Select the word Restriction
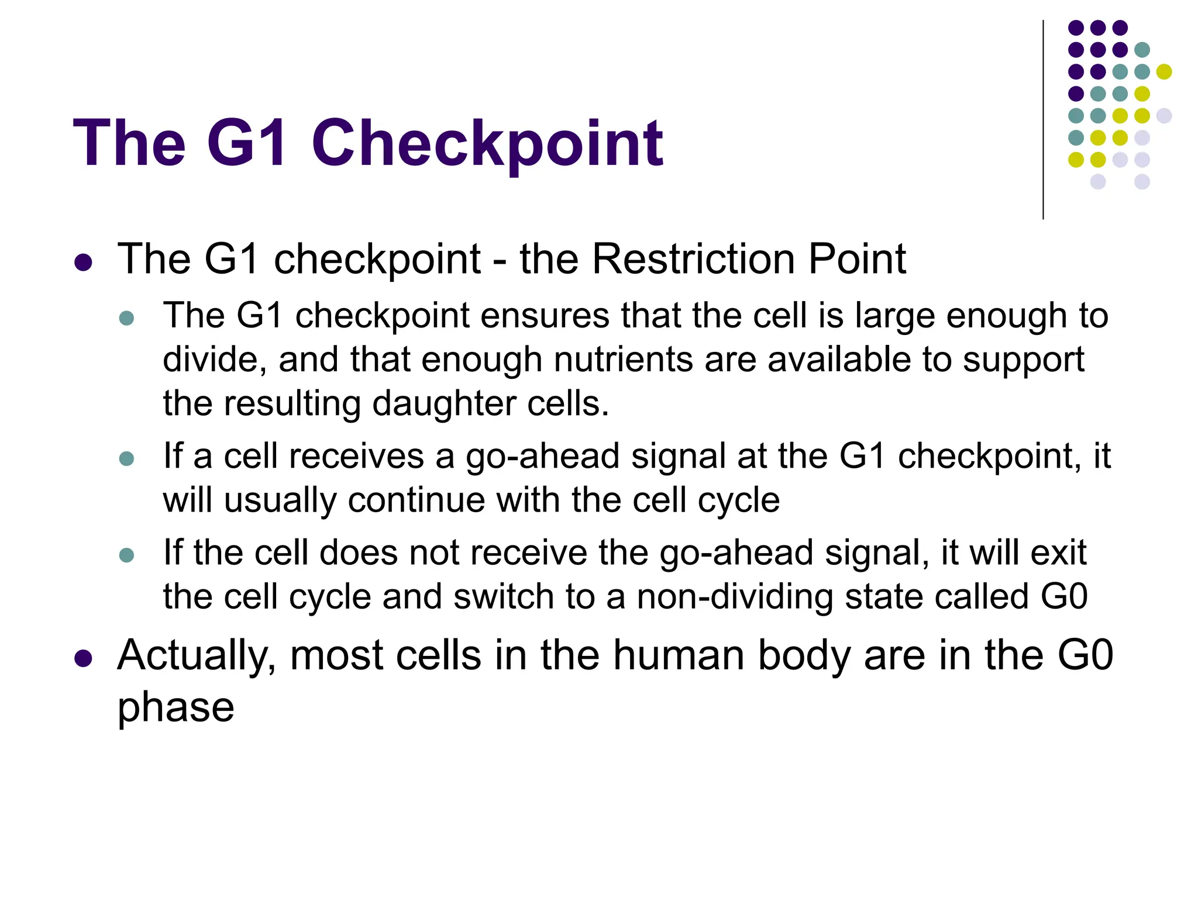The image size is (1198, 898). pos(693,258)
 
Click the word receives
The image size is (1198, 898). pos(324,456)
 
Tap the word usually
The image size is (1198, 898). pos(280,500)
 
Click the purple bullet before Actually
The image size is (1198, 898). pos(84,658)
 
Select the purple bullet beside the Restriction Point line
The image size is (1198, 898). pos(84,262)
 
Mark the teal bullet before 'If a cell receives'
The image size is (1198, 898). pos(126,458)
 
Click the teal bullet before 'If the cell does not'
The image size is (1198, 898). pos(126,555)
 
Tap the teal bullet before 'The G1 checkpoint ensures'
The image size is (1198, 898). pos(126,319)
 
